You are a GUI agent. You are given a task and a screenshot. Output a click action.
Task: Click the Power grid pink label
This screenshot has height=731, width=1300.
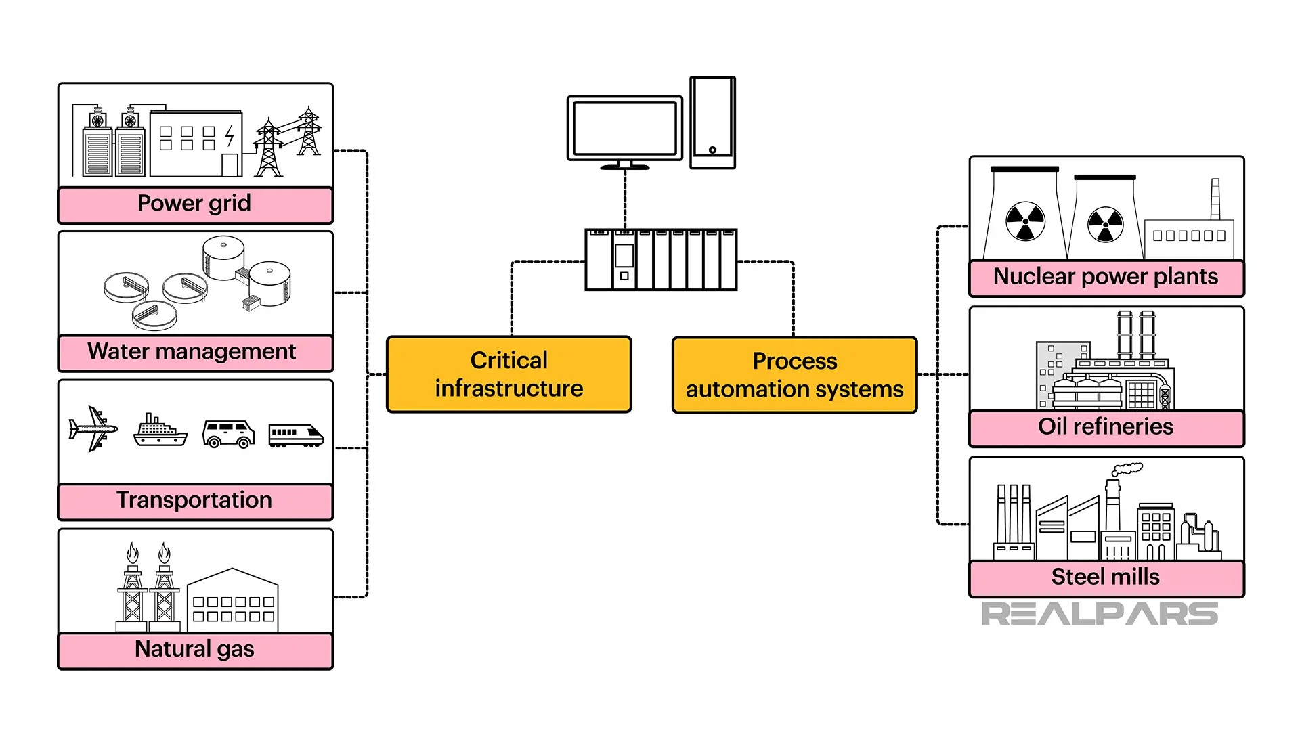[x=195, y=204]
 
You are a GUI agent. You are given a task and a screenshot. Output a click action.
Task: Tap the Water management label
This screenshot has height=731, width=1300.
[x=195, y=353]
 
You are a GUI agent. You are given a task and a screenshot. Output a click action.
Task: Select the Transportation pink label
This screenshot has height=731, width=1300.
[x=195, y=501]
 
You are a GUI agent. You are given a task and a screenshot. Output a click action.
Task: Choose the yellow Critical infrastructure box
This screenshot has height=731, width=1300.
[x=508, y=374]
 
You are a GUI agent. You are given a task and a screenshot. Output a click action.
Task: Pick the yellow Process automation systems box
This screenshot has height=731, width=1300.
[x=794, y=375]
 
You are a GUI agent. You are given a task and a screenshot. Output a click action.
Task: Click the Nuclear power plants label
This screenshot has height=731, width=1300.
[x=1106, y=278]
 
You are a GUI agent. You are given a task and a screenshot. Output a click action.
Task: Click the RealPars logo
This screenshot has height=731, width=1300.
[x=1099, y=614]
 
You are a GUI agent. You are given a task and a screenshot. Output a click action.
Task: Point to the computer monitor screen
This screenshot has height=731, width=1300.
[x=624, y=128]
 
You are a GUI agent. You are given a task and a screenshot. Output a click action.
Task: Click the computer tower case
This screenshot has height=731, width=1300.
[x=712, y=122]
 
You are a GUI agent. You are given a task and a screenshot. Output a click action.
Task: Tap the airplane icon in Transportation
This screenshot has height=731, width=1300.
[x=93, y=429]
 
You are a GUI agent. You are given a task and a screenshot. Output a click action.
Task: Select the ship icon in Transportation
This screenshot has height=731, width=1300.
[x=160, y=431]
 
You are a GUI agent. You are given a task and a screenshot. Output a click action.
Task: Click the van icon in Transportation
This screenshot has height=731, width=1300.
[x=229, y=434]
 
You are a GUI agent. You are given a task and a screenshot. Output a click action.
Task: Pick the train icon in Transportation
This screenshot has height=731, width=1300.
[x=296, y=435]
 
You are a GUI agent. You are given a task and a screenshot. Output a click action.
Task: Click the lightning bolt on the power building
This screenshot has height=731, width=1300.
[x=230, y=136]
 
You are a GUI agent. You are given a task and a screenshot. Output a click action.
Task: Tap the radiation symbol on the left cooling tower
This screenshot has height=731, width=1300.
[x=1025, y=221]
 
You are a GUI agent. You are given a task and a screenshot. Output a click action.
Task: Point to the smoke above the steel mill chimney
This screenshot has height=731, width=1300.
[x=1127, y=468]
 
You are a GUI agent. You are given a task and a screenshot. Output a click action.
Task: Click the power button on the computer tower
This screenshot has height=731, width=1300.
[x=712, y=150]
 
